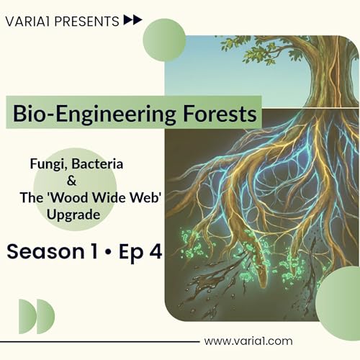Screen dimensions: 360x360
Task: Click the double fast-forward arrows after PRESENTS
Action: click(132, 20)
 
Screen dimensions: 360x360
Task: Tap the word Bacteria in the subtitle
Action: click(99, 165)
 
